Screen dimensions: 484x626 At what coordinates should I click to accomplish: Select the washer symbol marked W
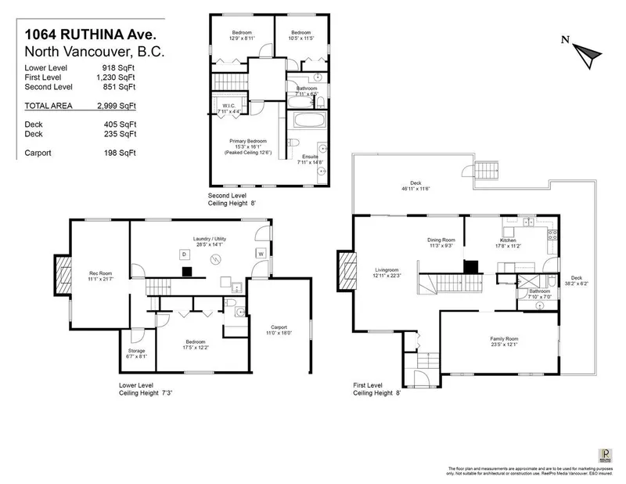point(261,255)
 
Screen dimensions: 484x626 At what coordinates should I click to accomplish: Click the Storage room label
point(136,352)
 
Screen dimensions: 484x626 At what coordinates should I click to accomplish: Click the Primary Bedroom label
point(244,143)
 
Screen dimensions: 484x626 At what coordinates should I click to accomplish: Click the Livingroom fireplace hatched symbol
point(345,270)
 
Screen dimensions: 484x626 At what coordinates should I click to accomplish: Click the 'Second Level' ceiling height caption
point(231,199)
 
